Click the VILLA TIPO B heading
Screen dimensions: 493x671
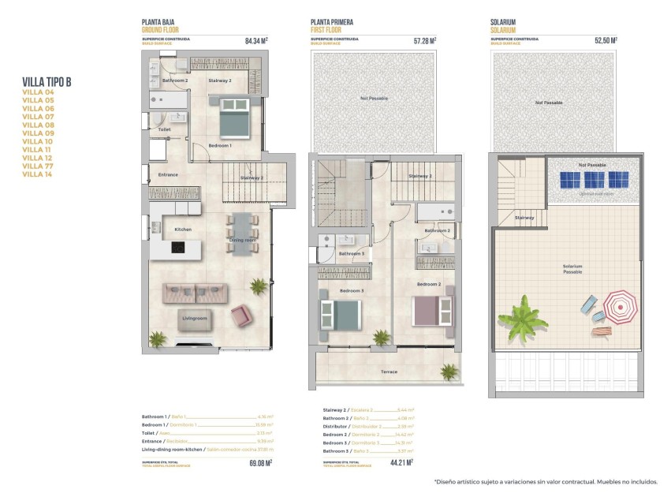[47, 81]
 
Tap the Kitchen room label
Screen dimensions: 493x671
[183, 230]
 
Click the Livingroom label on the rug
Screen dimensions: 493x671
[195, 319]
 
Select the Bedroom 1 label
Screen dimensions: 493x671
[220, 146]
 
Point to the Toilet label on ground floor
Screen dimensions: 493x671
[164, 129]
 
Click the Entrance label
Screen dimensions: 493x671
[168, 174]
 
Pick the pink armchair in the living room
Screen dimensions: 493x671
[240, 317]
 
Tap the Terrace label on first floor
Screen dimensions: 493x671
[388, 372]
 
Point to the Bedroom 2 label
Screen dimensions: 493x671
[428, 284]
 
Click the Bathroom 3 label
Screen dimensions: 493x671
[352, 254]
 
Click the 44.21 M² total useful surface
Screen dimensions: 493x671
[402, 463]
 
